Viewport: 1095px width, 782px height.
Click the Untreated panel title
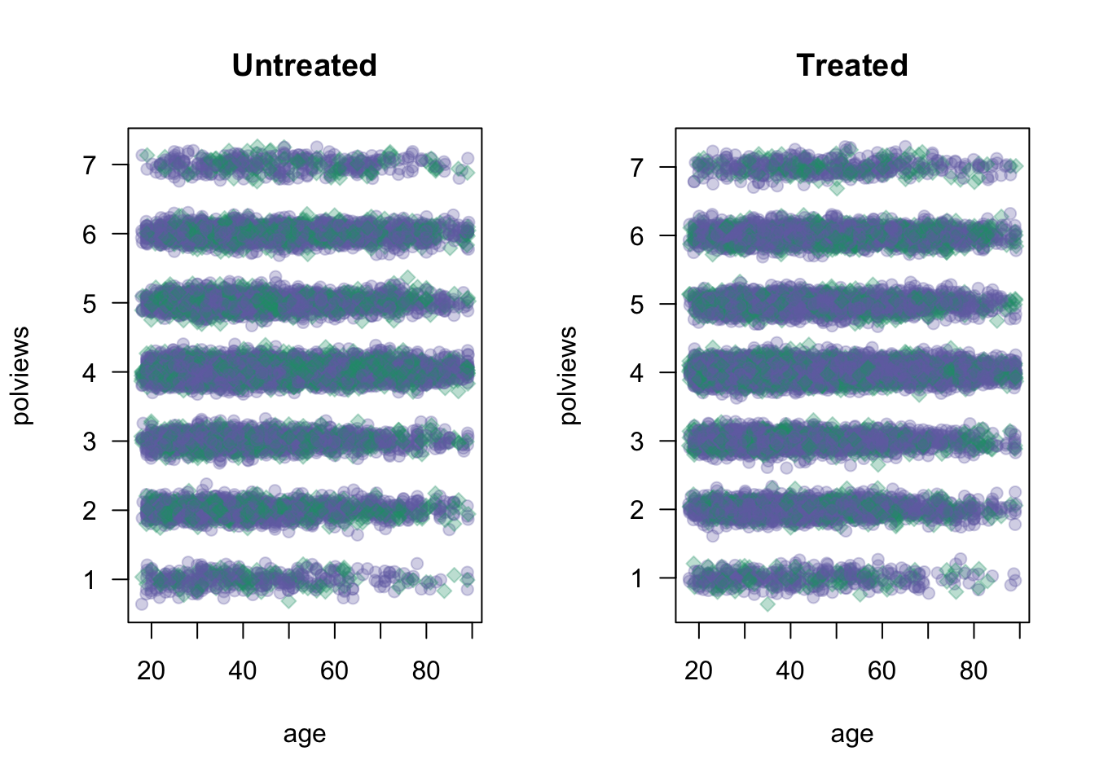click(304, 66)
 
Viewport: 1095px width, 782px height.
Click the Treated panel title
click(851, 66)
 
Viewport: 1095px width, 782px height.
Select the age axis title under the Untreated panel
click(304, 735)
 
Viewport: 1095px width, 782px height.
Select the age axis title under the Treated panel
click(851, 735)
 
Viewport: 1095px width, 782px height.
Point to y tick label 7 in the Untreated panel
click(89, 165)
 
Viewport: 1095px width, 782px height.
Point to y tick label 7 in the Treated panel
click(636, 167)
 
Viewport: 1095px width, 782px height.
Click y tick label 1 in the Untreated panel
click(89, 580)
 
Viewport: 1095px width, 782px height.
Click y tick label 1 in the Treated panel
click(636, 578)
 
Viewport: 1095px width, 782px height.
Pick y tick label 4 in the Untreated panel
click(89, 373)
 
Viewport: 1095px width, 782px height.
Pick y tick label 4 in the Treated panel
click(636, 373)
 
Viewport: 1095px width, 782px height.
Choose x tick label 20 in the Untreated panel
click(151, 671)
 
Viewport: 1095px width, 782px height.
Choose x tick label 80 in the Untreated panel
click(426, 671)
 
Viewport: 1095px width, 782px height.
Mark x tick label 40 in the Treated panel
click(790, 671)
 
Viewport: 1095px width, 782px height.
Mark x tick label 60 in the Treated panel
click(882, 671)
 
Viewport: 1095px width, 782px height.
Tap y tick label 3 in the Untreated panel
click(89, 442)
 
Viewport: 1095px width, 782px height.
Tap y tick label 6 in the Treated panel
click(636, 236)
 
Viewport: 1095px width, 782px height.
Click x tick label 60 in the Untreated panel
click(334, 671)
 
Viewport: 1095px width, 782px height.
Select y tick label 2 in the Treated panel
click(636, 510)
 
